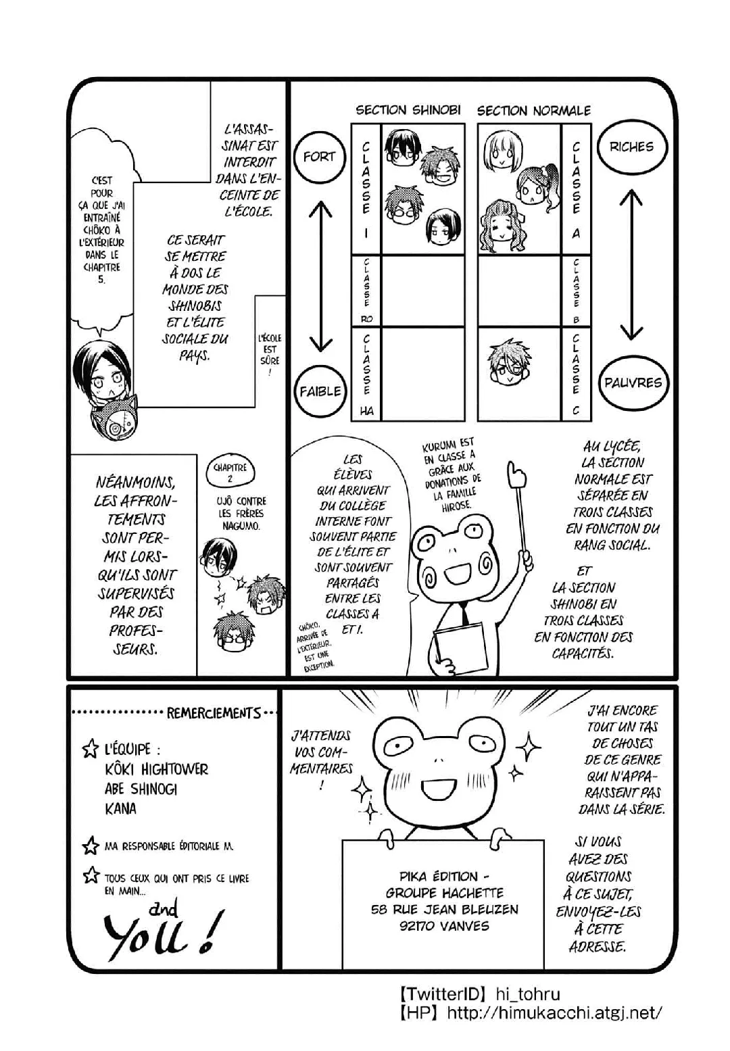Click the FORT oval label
coord(319,157)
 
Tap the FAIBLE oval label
coord(320,391)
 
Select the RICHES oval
coord(631,147)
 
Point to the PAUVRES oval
coord(633,383)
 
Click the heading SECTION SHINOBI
coord(408,110)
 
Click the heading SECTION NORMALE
coord(534,111)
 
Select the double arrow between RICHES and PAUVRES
coord(631,264)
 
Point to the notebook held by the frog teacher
coord(460,645)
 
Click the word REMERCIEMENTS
coord(214,713)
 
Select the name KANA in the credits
coord(120,808)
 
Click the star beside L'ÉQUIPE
coord(90,749)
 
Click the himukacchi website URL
coord(554,1012)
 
